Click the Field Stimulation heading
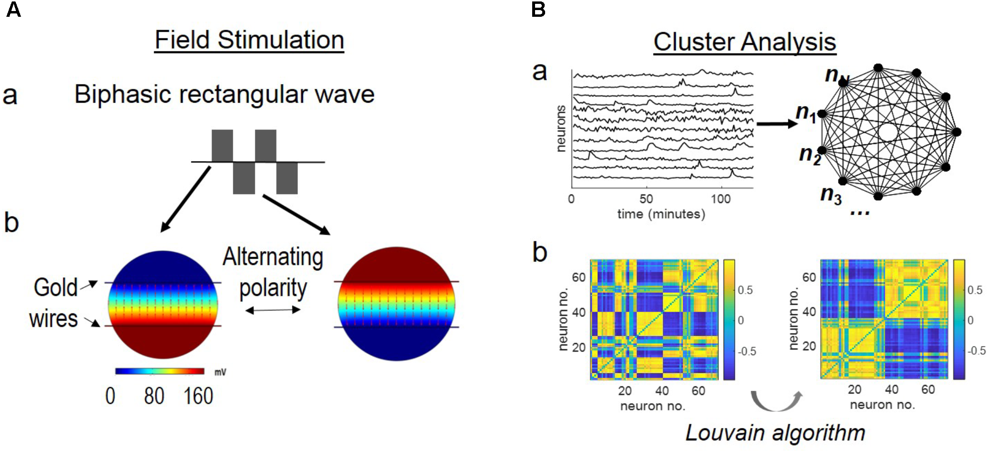(249, 40)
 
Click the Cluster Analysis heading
(744, 42)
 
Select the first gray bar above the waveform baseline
(222, 145)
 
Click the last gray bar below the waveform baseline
(287, 178)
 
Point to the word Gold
(55, 287)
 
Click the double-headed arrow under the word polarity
(273, 310)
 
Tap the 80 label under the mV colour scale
(154, 396)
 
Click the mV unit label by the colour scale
(220, 372)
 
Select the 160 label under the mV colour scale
(198, 396)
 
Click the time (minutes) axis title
(661, 214)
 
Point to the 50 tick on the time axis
(646, 199)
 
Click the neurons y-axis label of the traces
(560, 129)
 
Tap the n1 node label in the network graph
(806, 113)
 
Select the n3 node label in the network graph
(831, 194)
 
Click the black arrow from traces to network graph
(776, 124)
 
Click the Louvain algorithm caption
(775, 433)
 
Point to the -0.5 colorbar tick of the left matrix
(747, 351)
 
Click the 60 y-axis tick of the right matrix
(809, 277)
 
